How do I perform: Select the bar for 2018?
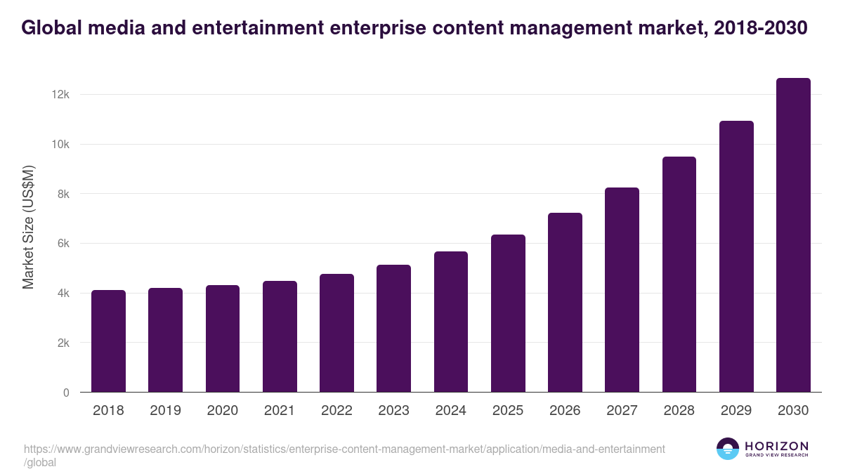tap(108, 341)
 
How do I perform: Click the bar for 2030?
tap(793, 235)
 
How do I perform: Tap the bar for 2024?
tap(451, 322)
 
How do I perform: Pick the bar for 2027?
tap(622, 290)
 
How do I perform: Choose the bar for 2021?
tap(280, 336)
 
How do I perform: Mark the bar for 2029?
tap(736, 256)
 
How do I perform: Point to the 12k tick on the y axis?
tap(60, 95)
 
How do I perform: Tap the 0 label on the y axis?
tap(65, 393)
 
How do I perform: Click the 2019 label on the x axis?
tap(165, 411)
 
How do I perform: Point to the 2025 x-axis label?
tap(508, 411)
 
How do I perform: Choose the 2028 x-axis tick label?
tap(679, 411)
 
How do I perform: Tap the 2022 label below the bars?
tap(336, 411)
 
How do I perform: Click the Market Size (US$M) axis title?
tap(28, 226)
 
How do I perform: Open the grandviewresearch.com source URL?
tap(344, 449)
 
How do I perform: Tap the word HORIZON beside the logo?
tap(776, 446)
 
